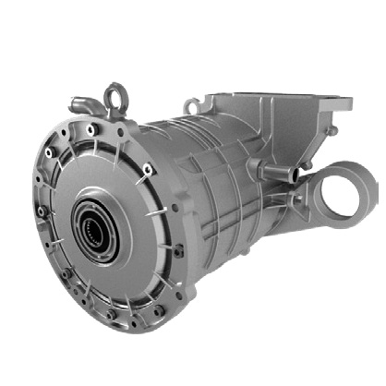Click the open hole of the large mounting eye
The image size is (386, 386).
(x=355, y=184)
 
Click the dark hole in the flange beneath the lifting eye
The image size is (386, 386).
(x=118, y=129)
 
